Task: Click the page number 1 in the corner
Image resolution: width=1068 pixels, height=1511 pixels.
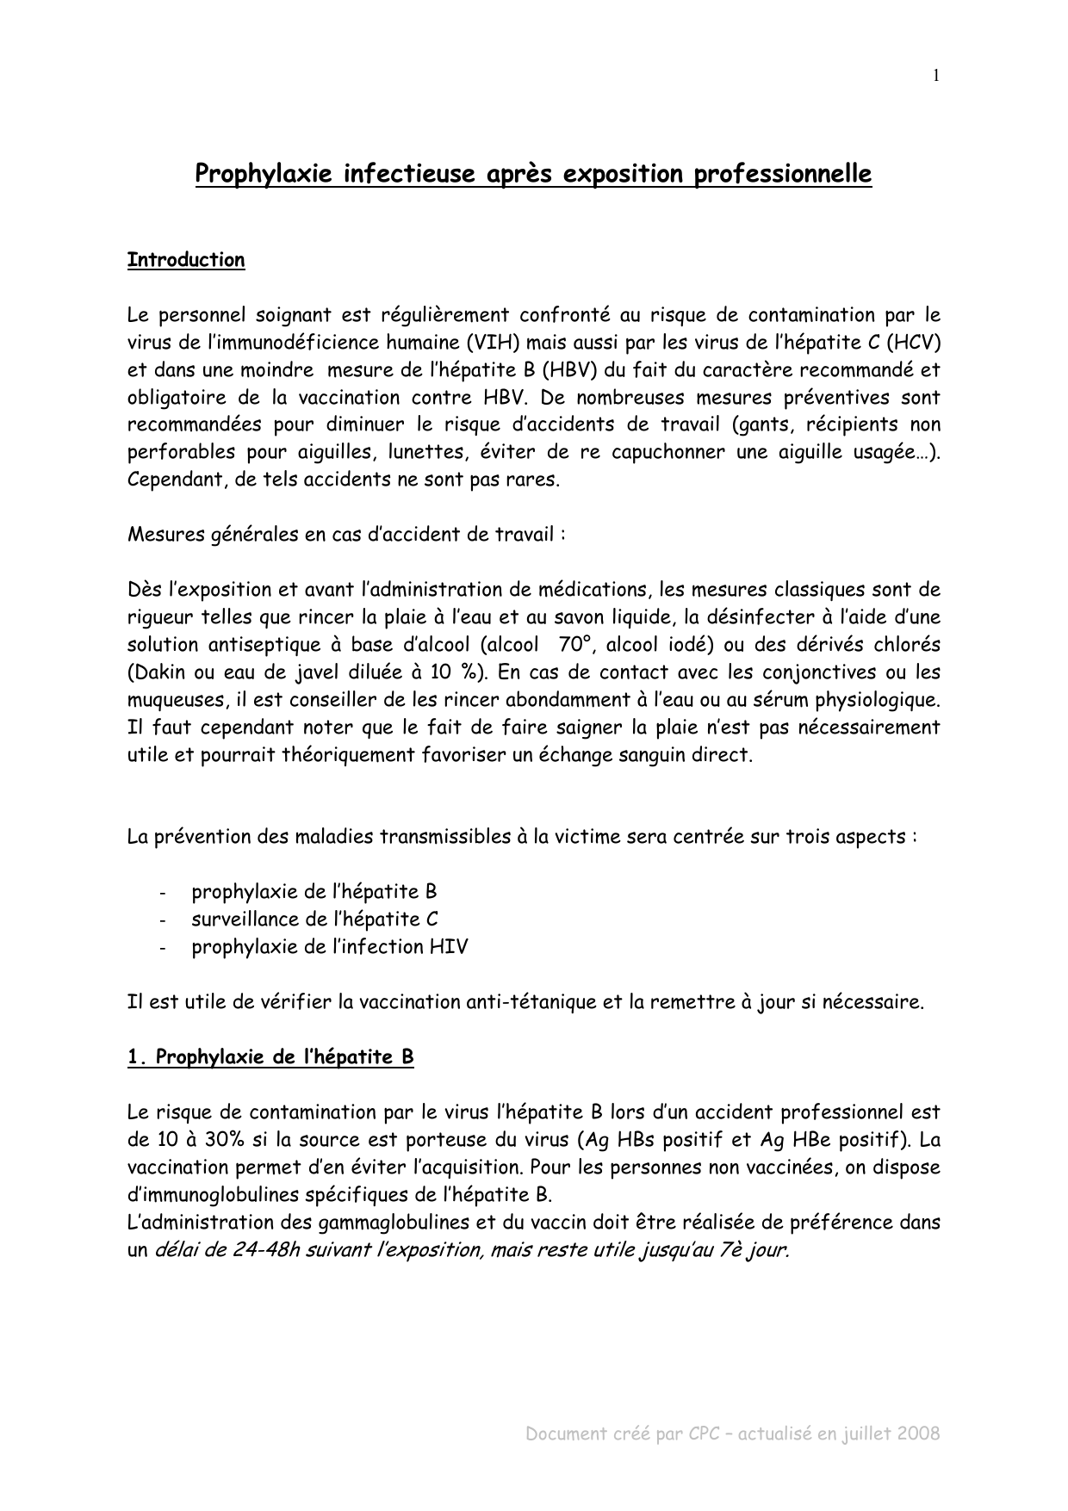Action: (936, 76)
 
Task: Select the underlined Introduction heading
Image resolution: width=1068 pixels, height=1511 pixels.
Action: (186, 260)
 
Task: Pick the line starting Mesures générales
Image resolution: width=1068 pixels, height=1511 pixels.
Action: (346, 535)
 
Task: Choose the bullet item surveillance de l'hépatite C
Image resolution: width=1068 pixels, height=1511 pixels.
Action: (314, 920)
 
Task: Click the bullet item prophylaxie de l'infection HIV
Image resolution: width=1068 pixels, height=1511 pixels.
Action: (329, 947)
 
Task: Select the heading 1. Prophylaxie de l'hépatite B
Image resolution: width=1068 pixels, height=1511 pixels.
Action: (270, 1057)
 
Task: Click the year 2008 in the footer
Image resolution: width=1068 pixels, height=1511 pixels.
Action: (917, 1434)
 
